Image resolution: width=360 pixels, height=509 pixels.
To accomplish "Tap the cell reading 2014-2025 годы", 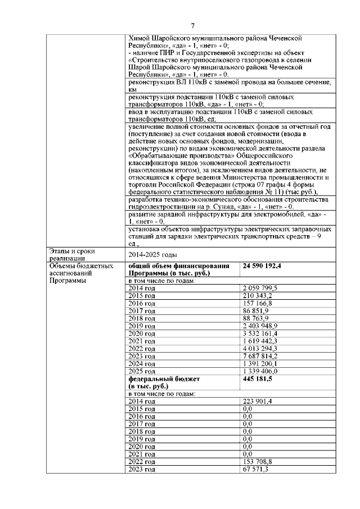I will pyautogui.click(x=150, y=254).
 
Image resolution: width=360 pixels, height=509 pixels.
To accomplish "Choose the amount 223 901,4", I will pyautogui.click(x=258, y=401).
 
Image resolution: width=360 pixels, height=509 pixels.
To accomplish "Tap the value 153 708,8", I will pyautogui.click(x=258, y=462).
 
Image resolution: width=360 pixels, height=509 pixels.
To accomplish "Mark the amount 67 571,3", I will pyautogui.click(x=256, y=469).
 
